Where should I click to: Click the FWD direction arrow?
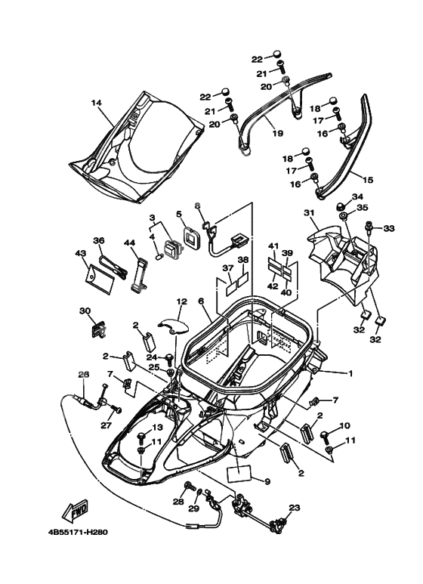(76, 510)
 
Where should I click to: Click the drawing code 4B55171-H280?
(78, 532)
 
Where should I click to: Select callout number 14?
(97, 103)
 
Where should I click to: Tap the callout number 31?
(309, 212)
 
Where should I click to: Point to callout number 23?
(294, 508)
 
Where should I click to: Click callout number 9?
(267, 481)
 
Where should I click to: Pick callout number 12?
(181, 301)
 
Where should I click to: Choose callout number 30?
(85, 311)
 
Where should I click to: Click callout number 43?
(80, 253)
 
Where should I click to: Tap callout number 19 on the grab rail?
(278, 133)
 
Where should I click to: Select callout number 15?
(368, 180)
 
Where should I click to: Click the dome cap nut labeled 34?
(343, 206)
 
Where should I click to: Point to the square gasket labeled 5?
(193, 237)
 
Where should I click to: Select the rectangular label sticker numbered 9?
(238, 476)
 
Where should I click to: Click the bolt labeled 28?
(190, 487)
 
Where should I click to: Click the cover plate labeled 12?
(174, 325)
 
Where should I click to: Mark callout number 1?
(350, 373)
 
